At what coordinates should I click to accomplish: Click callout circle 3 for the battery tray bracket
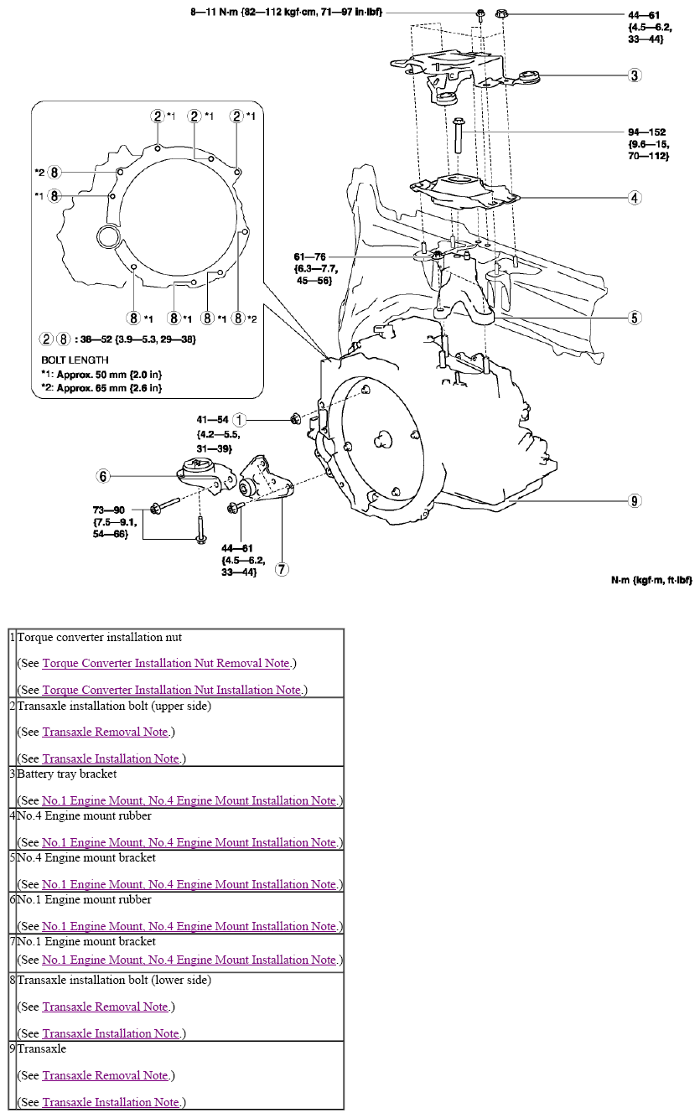(x=635, y=75)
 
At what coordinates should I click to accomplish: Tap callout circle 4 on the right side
(x=635, y=198)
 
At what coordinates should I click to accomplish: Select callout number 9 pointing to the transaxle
(x=635, y=501)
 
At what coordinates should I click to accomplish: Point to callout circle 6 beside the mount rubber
(x=103, y=476)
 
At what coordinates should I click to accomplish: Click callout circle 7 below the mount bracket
(x=283, y=569)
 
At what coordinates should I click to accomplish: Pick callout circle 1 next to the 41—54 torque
(x=240, y=419)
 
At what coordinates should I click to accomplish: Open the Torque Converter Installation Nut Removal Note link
(x=166, y=663)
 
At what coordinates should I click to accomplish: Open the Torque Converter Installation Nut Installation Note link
(x=171, y=690)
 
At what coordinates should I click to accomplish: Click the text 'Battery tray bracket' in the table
(x=67, y=774)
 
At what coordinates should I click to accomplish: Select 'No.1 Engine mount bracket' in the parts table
(x=86, y=941)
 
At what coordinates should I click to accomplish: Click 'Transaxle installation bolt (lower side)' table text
(x=114, y=980)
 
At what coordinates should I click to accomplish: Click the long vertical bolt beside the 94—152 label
(x=459, y=135)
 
